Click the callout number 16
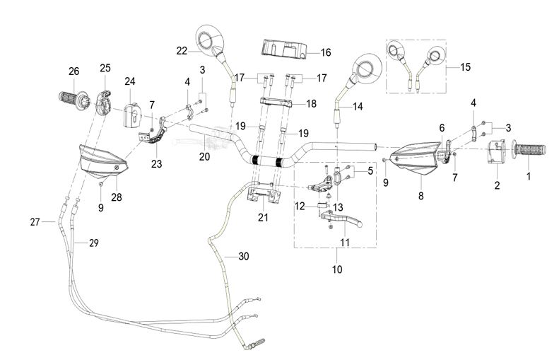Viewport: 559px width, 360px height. point(325,52)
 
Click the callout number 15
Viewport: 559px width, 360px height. point(465,67)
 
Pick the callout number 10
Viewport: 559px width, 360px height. point(335,269)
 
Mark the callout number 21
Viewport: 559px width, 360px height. point(264,217)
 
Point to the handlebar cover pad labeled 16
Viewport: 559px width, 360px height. point(285,50)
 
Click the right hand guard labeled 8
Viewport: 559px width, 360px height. point(422,159)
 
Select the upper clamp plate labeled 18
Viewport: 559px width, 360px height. point(281,104)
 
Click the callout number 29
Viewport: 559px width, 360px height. point(93,243)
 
